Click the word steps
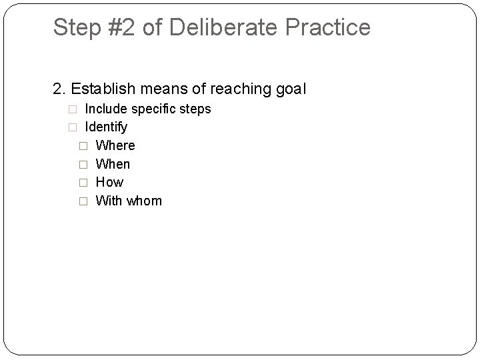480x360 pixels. [x=195, y=109]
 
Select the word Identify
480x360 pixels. [x=106, y=127]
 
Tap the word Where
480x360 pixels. [x=115, y=145]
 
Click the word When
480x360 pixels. [x=113, y=164]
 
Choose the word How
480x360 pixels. [x=109, y=182]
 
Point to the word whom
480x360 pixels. [x=143, y=201]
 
